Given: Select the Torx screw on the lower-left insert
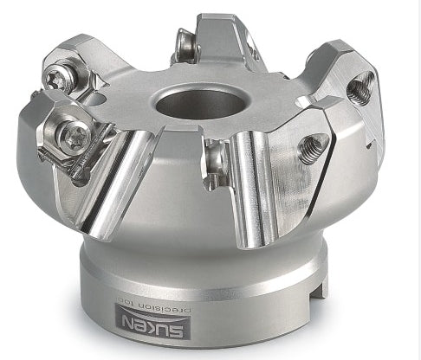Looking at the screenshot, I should [x=75, y=135].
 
